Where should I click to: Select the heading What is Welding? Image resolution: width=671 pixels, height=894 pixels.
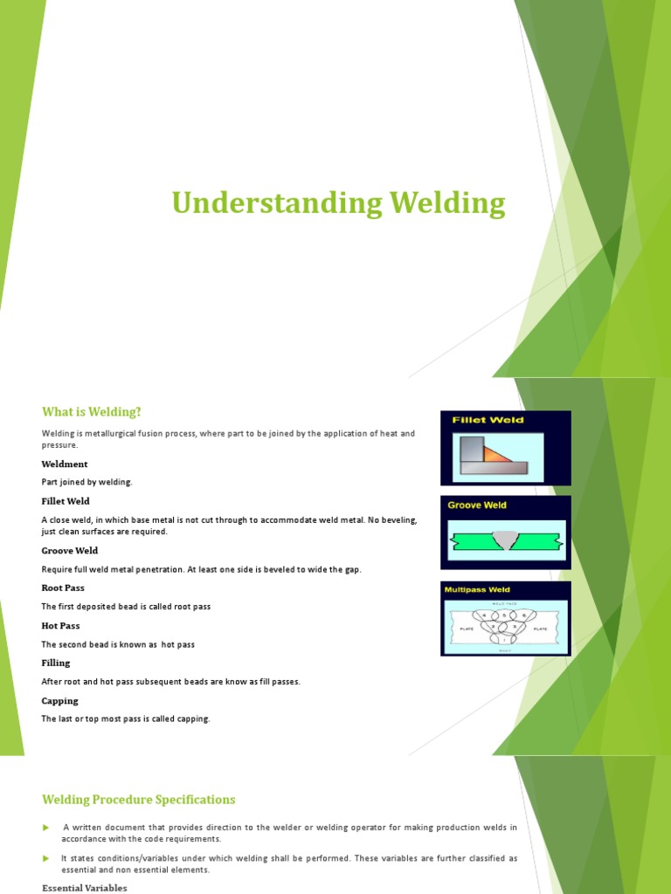[91, 411]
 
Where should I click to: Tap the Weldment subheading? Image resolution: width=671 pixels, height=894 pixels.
[65, 464]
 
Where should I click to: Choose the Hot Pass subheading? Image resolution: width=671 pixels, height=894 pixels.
[61, 626]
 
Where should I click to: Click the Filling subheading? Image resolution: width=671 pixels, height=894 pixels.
[56, 664]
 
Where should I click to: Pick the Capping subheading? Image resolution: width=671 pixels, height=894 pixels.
[59, 701]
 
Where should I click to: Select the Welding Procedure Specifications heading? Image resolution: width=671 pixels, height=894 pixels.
[138, 800]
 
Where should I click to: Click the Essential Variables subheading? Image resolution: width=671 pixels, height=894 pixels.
[85, 888]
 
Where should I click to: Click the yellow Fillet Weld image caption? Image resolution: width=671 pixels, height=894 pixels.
[488, 420]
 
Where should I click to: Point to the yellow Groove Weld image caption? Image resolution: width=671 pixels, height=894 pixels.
[477, 505]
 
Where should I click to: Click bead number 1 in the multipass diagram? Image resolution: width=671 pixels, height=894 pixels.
[506, 640]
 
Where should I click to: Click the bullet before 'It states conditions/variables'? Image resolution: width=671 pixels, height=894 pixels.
[46, 859]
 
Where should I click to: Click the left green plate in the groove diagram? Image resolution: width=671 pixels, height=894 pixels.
[472, 541]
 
